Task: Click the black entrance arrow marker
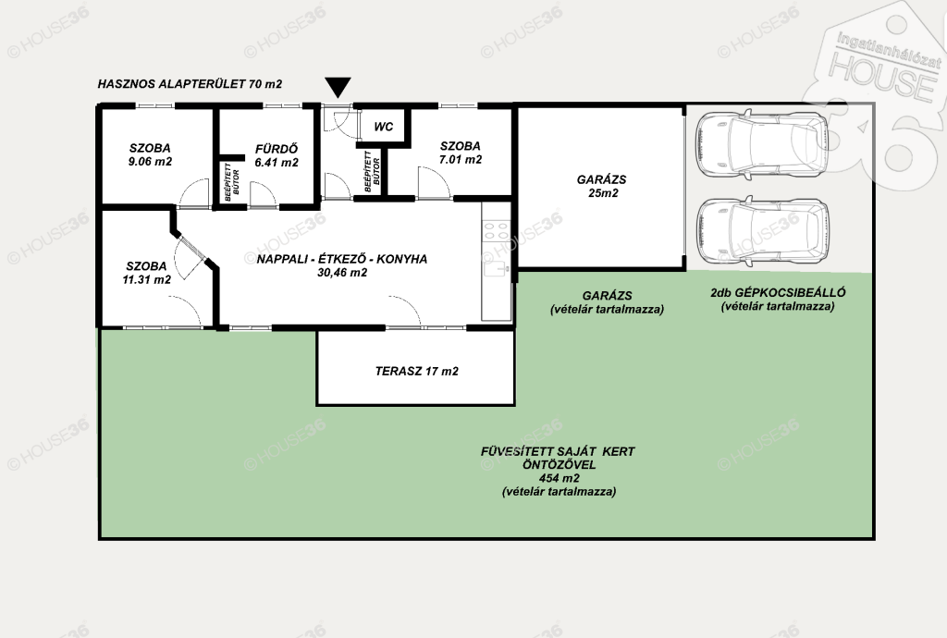coord(338,87)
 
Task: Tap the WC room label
coord(384,127)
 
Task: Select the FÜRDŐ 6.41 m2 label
coord(277,155)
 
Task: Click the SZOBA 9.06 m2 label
coord(150,154)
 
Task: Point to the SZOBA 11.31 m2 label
coord(146,273)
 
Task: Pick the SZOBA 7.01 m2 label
coord(461,153)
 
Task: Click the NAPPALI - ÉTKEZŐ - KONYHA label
coord(342,259)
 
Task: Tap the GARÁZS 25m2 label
coord(601,187)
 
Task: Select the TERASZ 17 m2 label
coord(417,371)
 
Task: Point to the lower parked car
coord(762,228)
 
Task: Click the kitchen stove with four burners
coord(497,232)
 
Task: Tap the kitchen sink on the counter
coord(495,269)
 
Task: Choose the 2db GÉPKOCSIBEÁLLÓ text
coord(778,293)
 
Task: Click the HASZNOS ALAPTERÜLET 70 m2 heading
coord(190,84)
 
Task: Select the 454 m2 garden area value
coord(560,478)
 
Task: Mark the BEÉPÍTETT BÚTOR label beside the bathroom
coord(232,182)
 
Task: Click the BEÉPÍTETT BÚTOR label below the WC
coord(372,171)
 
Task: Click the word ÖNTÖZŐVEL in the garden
coord(560,465)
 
